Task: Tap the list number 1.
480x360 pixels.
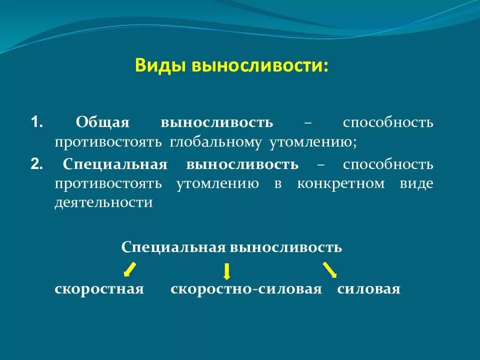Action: coord(36,122)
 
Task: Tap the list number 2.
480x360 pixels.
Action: coord(36,164)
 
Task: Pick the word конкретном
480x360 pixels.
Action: coord(340,184)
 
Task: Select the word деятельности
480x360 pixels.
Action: coord(103,202)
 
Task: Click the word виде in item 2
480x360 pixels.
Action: coord(416,183)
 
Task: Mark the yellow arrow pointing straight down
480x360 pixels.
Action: coord(226,271)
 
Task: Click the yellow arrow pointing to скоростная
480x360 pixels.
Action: coord(129,269)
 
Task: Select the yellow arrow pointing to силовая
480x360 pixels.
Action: coord(330,269)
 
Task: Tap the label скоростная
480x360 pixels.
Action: coord(99,289)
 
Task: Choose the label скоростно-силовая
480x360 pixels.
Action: coord(246,289)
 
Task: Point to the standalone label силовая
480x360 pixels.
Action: coord(368,289)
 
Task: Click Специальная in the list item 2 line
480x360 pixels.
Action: coord(115,165)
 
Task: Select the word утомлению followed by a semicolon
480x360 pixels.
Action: coord(313,143)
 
